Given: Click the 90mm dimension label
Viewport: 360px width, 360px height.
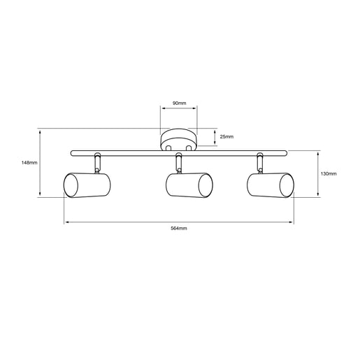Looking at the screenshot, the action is [179, 103].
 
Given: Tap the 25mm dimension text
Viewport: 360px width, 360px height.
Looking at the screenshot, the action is [226, 137].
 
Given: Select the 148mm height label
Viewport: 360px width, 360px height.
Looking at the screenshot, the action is [29, 163].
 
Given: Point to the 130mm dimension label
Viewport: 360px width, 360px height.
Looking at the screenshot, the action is [329, 173].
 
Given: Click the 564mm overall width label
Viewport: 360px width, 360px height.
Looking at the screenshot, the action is [179, 229].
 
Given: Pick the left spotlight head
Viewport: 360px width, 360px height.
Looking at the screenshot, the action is [87, 185].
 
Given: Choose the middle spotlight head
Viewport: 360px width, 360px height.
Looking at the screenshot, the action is [189, 185].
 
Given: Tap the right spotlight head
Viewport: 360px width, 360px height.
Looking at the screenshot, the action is [271, 185].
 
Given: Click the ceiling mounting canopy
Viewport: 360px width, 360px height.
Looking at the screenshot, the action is [179, 140].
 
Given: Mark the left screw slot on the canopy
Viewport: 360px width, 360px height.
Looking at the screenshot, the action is [168, 148].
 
